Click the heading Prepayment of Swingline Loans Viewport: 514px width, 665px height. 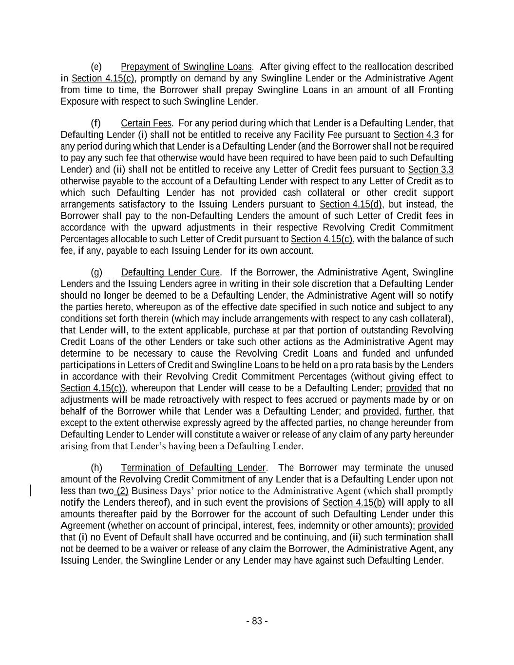coord(186,67)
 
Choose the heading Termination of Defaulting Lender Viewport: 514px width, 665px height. coord(193,468)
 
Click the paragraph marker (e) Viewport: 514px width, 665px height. coord(96,67)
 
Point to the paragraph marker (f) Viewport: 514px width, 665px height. coord(96,123)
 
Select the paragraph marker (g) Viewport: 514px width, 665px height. coord(96,272)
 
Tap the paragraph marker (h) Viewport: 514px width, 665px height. coord(96,468)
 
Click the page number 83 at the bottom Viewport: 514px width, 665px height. coord(257,621)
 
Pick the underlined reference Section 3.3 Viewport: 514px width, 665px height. coord(431,170)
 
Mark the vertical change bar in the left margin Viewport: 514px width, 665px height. coord(32,491)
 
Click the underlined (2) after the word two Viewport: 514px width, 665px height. coord(122,491)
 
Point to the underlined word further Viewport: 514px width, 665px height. coord(419,412)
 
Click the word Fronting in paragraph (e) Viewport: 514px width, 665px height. coord(436,90)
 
